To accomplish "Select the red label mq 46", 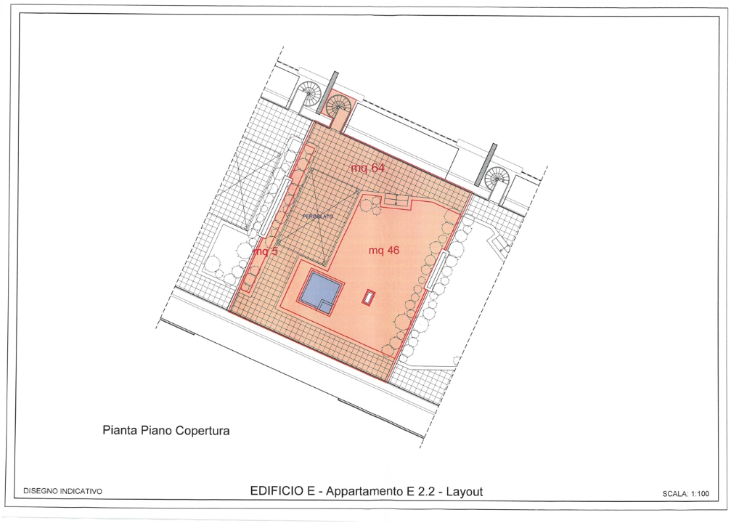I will (x=384, y=251).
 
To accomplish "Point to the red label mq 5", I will (x=265, y=251).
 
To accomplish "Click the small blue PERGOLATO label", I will (x=317, y=216).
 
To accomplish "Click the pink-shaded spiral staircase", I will (x=338, y=108).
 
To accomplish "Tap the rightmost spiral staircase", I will (x=498, y=177).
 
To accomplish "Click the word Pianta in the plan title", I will (x=118, y=431).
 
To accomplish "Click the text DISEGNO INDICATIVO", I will (x=63, y=492).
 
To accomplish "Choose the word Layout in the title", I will (x=465, y=492).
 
